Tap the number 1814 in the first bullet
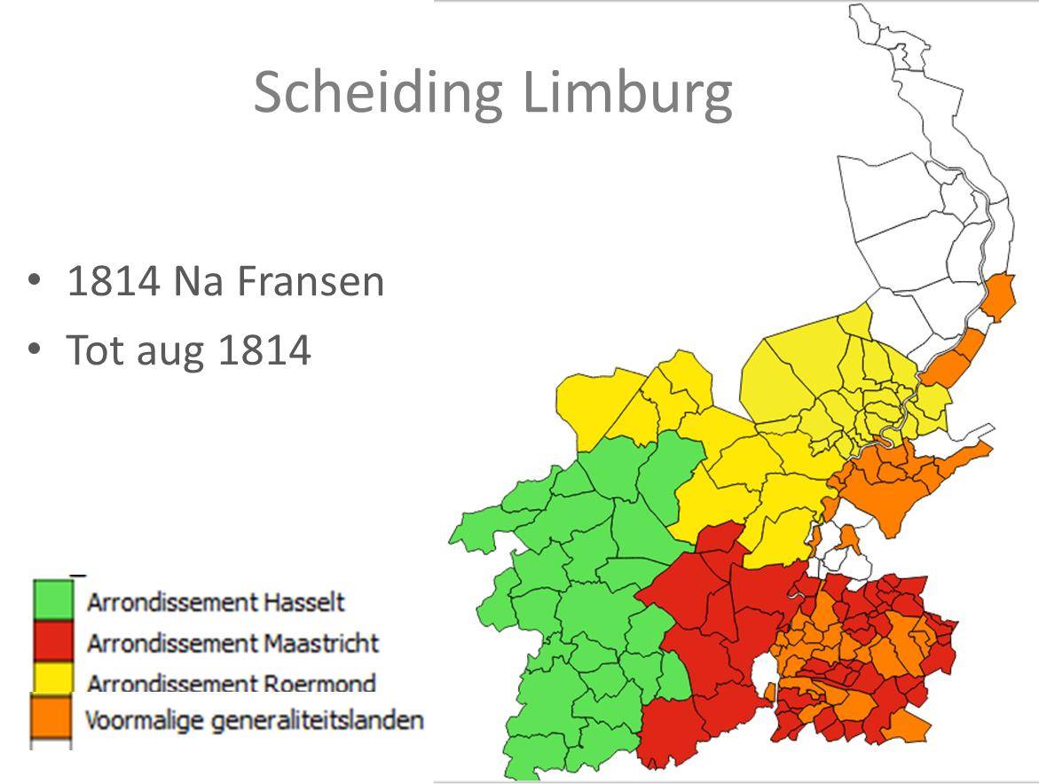(x=113, y=282)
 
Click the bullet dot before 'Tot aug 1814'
(x=34, y=349)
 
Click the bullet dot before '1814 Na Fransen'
(x=34, y=280)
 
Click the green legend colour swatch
(x=53, y=600)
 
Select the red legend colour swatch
(x=53, y=640)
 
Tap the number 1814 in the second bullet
(x=264, y=350)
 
